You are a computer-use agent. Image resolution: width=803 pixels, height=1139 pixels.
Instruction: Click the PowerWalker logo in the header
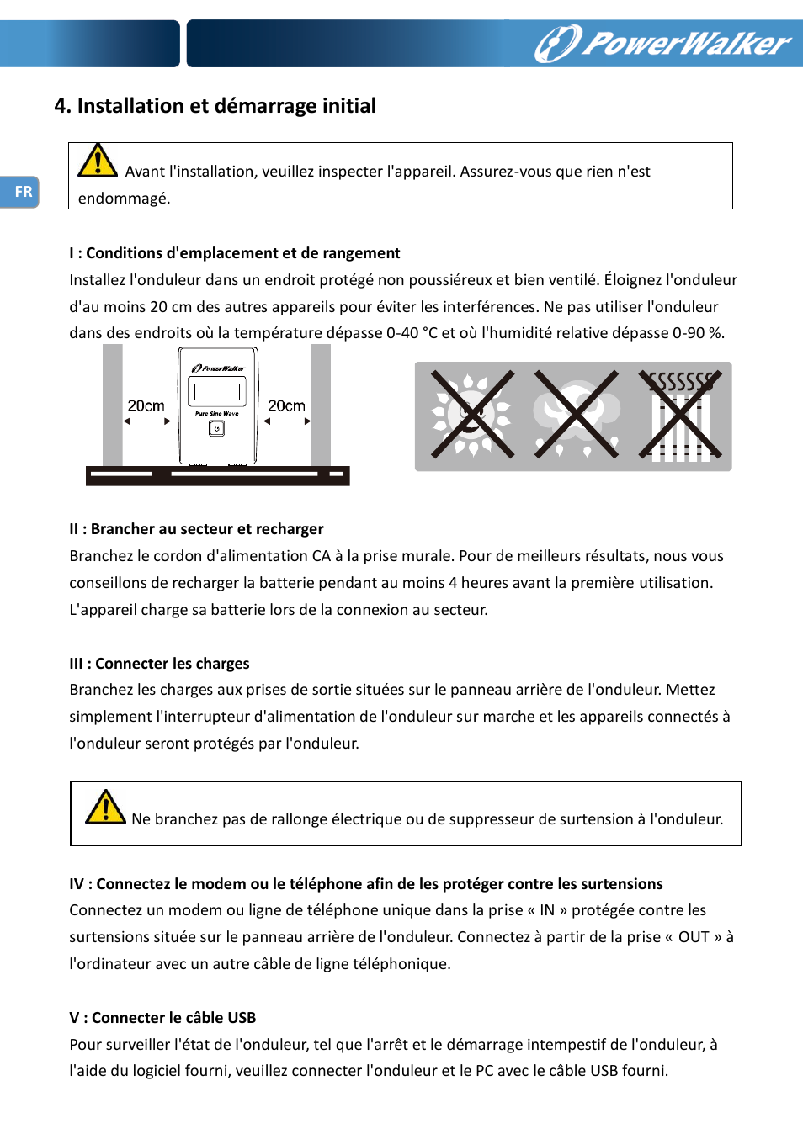663,44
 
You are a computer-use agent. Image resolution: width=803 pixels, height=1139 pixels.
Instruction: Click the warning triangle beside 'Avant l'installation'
98,161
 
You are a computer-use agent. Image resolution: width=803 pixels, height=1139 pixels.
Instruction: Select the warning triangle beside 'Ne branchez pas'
105,808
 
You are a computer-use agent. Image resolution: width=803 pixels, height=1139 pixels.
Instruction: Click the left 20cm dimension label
146,405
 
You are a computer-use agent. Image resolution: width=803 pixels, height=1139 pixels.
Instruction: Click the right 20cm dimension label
286,405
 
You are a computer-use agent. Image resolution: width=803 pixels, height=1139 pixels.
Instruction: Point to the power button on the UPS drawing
216,429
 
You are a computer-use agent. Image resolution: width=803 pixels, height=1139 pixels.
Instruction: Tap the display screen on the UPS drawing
217,391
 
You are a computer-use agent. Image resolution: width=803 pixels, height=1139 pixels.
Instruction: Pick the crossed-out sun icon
471,416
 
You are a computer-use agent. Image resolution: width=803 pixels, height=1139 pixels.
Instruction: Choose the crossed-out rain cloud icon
576,416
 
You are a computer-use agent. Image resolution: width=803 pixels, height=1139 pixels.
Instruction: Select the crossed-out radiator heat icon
679,416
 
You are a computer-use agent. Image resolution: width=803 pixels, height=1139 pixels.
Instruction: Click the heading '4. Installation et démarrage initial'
215,106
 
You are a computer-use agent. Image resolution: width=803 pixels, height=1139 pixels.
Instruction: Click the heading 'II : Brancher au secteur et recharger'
196,529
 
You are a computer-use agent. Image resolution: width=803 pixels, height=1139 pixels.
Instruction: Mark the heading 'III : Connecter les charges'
159,664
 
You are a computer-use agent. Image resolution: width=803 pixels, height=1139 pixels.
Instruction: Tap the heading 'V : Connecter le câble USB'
162,1018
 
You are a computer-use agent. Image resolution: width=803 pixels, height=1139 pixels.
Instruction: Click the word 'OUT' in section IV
694,937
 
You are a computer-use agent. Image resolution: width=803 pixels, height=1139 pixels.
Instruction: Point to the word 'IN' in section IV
547,910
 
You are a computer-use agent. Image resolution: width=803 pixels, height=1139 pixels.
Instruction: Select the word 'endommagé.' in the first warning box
124,199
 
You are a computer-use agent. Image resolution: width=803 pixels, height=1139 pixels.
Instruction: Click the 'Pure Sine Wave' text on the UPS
217,414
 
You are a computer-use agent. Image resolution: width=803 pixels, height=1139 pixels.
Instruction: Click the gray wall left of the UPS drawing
112,404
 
